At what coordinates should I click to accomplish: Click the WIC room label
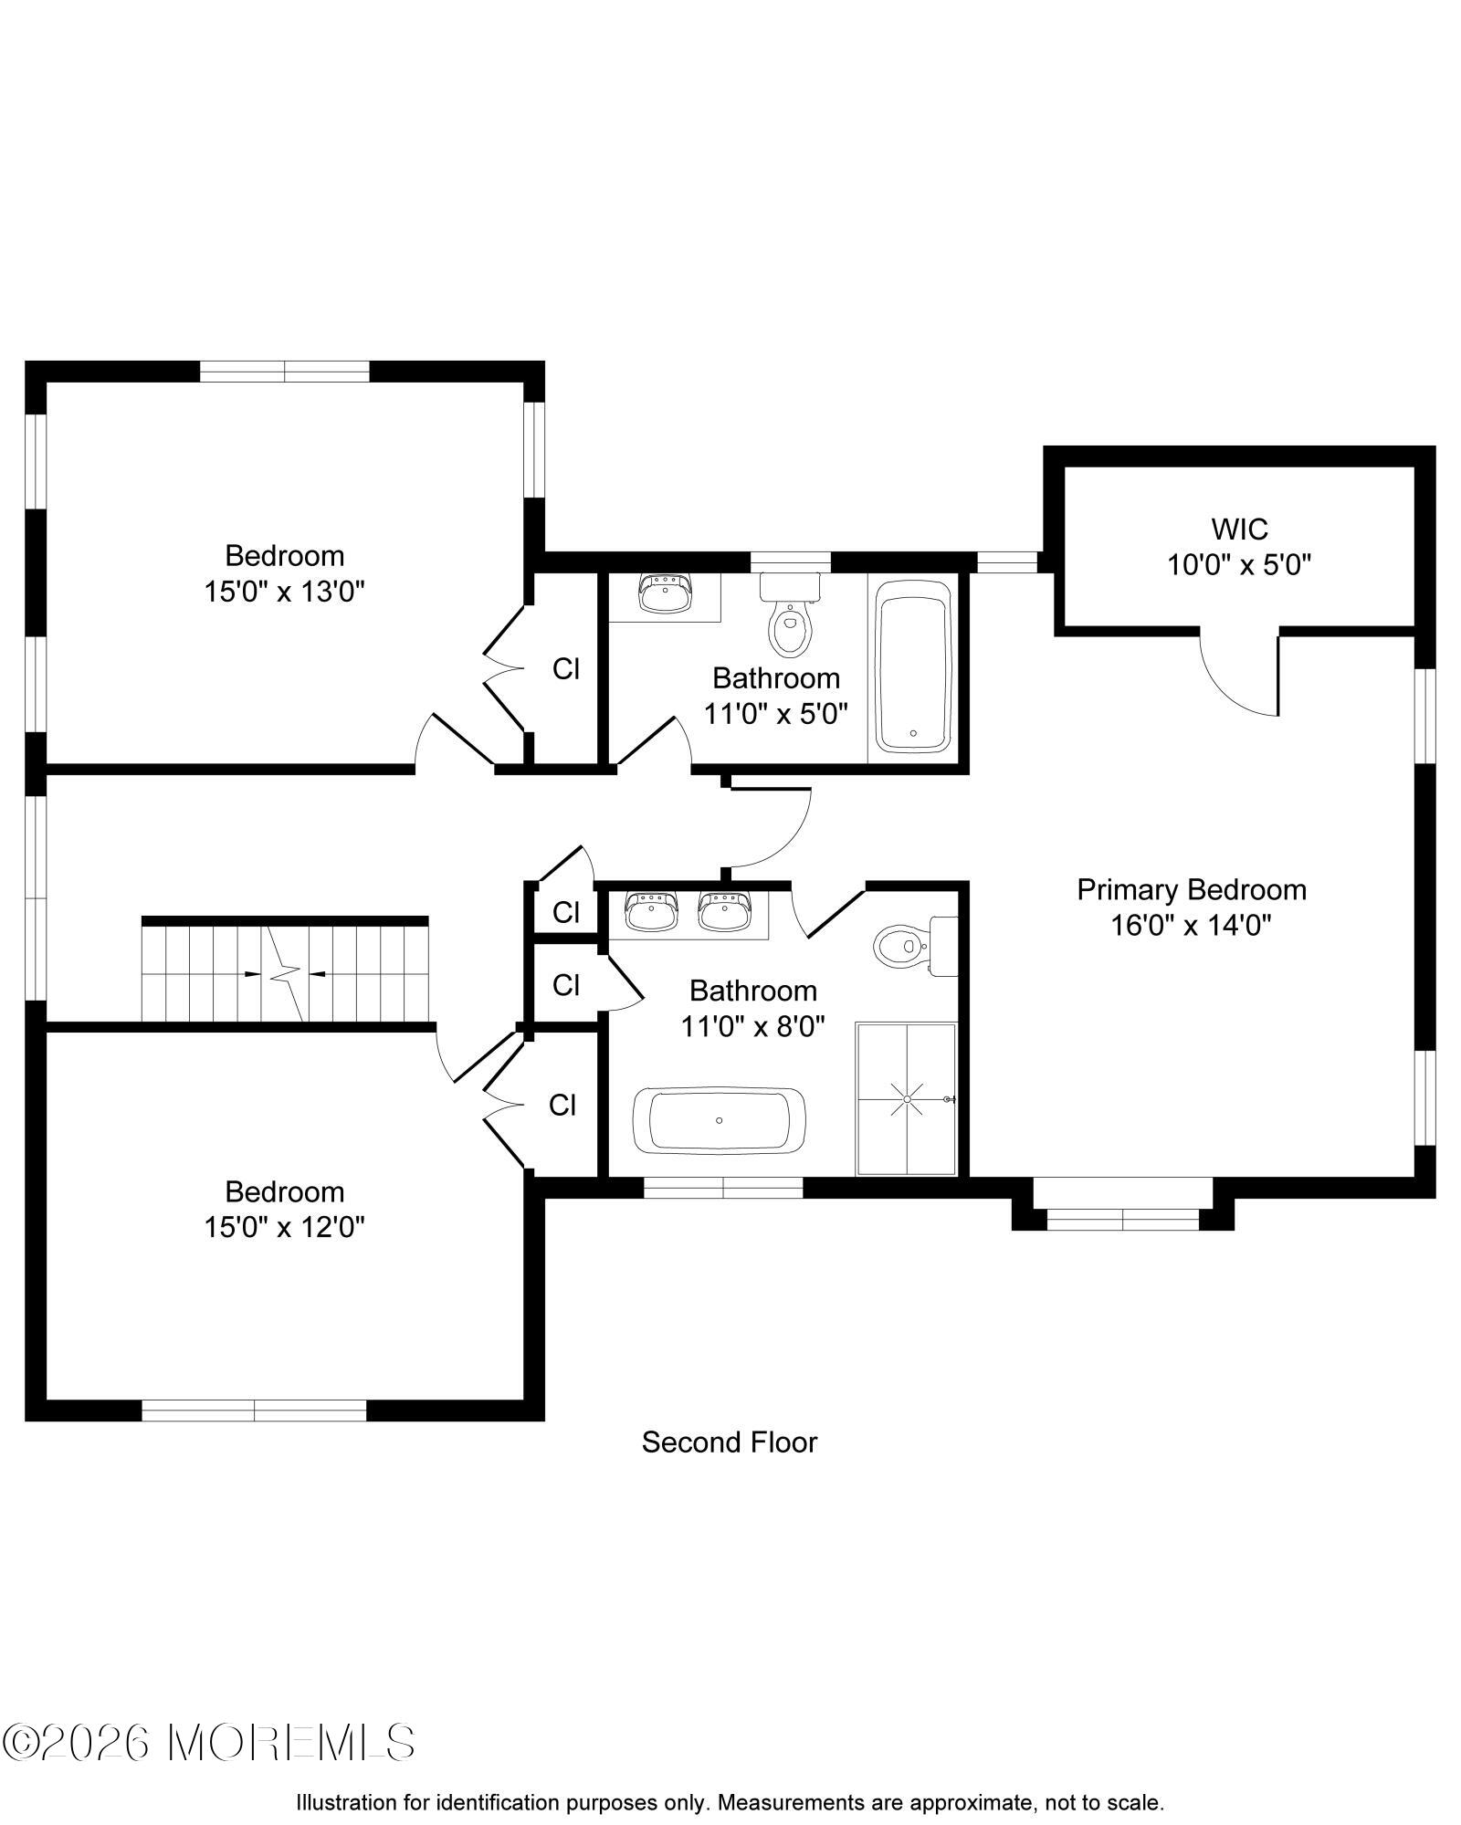point(1239,529)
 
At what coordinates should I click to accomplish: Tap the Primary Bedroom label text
point(1192,889)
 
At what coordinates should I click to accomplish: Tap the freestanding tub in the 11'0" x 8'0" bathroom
point(720,1120)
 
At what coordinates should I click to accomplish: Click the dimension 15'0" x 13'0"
point(284,592)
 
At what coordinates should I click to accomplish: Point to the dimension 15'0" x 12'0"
point(284,1228)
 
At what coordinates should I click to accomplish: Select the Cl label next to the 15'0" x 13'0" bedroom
point(566,669)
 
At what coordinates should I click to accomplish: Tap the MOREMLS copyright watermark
point(208,1744)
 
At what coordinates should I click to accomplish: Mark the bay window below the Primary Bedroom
point(1122,1208)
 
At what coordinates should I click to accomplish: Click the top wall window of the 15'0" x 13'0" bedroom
point(284,371)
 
